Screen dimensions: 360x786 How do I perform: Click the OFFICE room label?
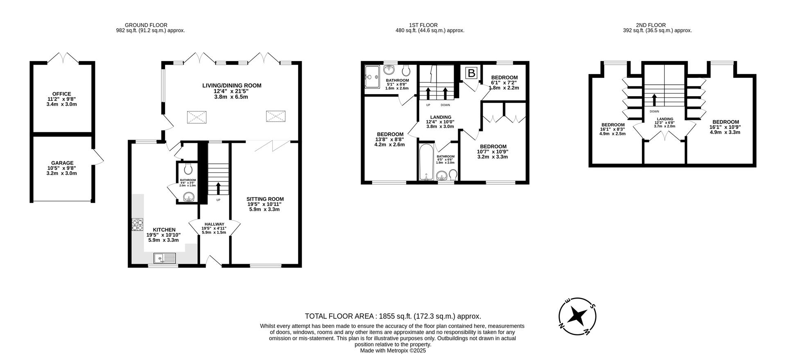point(61,94)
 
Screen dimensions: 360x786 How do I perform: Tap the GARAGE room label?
point(62,163)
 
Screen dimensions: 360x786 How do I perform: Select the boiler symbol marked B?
point(472,73)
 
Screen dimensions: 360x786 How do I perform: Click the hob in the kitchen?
point(138,225)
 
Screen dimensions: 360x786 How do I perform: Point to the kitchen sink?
point(165,258)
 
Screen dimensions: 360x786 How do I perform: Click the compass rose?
point(577,316)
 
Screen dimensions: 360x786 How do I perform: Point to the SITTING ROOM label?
point(265,199)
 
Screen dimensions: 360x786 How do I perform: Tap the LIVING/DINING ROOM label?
point(231,86)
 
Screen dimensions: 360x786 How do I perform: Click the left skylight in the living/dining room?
point(196,118)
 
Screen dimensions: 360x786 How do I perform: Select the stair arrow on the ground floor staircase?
point(218,188)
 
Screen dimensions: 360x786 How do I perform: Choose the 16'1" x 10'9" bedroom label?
point(725,122)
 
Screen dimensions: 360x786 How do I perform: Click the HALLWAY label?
point(214,224)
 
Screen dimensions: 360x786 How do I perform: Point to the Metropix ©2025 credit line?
point(393,351)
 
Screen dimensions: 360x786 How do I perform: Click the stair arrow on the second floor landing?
point(654,100)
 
